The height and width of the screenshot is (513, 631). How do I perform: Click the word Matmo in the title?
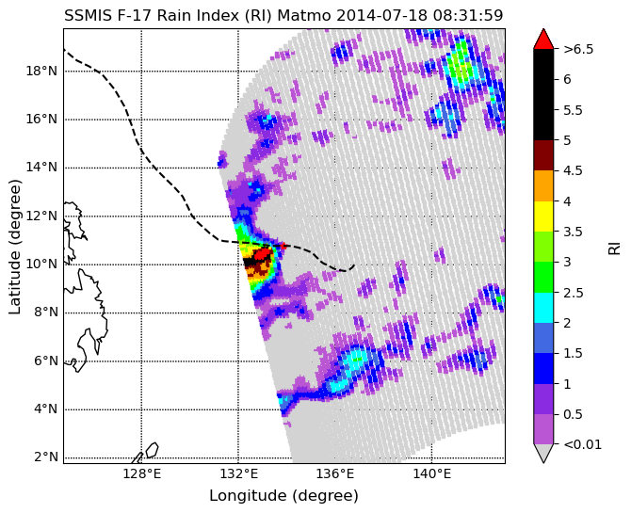305,15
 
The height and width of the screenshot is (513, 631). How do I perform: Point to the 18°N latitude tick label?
41,72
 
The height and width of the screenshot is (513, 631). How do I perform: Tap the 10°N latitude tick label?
41,265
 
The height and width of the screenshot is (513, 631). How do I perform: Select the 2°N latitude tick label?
46,457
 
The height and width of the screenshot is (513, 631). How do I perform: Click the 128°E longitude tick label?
141,474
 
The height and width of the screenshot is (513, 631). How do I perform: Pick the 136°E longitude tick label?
335,474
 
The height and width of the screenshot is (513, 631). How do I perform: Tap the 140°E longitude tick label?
431,474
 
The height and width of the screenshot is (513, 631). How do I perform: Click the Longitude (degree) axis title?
283,495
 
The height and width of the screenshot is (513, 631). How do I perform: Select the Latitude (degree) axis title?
14,247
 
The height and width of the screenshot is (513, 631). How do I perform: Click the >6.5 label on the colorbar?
578,50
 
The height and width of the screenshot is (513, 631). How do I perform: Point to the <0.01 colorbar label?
582,444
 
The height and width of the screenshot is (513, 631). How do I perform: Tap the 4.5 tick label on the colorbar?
573,171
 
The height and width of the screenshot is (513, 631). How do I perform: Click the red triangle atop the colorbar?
543,39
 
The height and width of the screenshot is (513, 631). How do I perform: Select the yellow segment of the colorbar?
543,216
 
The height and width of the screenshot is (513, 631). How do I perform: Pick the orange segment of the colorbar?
543,185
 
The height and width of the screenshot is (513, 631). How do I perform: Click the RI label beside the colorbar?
614,247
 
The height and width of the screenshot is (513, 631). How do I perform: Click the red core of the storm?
263,254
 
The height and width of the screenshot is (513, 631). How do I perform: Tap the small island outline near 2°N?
152,450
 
